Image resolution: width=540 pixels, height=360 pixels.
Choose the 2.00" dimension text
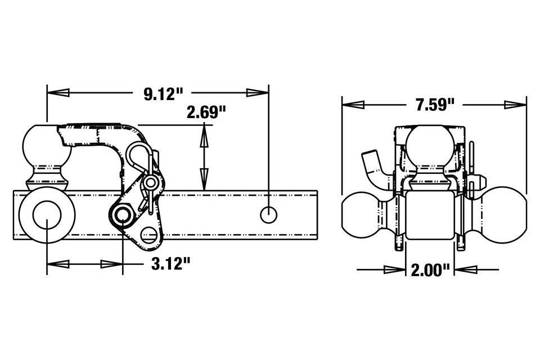(430, 270)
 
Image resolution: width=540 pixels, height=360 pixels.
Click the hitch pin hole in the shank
(269, 214)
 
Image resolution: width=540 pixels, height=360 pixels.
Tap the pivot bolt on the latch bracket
(122, 215)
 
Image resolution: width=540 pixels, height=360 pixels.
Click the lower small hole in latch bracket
(148, 234)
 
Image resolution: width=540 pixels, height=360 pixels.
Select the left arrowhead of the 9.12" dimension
(57, 92)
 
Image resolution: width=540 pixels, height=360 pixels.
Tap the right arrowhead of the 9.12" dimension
(257, 92)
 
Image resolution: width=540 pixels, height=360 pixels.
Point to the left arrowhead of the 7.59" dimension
(353, 105)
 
